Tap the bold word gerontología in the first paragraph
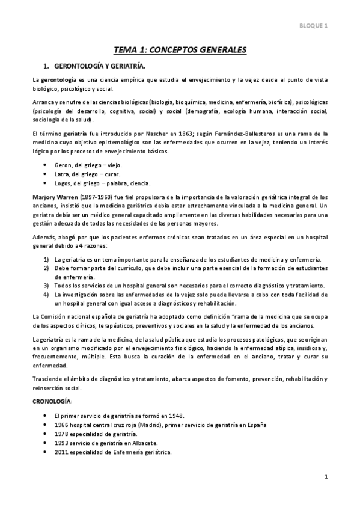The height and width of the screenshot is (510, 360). tap(58, 80)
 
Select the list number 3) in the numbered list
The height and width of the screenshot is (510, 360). tap(46, 285)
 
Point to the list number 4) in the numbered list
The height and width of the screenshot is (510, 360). tap(46, 295)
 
